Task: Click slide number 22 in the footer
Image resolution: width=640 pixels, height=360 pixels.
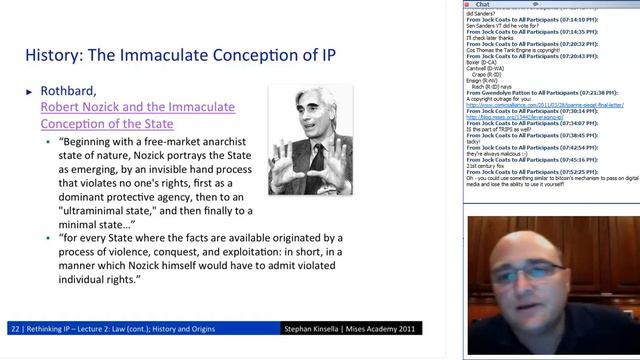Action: click(13, 328)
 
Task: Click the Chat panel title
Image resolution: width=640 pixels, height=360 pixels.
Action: click(482, 4)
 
